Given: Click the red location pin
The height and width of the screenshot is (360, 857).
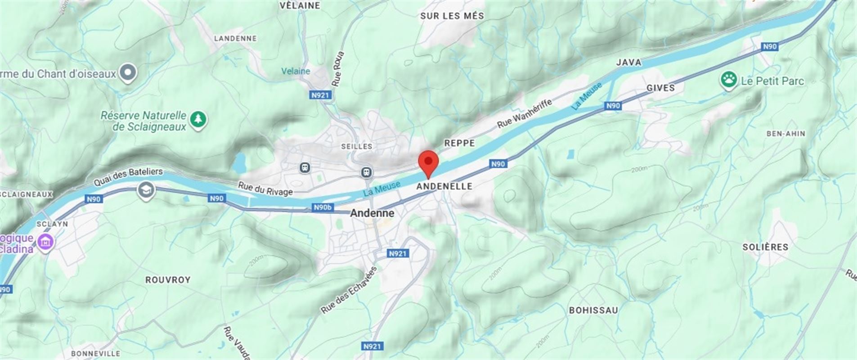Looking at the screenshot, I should pyautogui.click(x=428, y=162).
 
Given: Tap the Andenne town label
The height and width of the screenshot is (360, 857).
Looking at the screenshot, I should pyautogui.click(x=372, y=213).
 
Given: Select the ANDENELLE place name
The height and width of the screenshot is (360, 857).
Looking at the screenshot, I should pyautogui.click(x=444, y=186).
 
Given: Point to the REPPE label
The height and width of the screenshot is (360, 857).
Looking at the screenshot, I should pyautogui.click(x=459, y=143).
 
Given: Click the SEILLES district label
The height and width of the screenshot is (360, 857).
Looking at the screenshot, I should pyautogui.click(x=357, y=146).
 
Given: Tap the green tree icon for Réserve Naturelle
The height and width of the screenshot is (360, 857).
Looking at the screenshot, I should pyautogui.click(x=198, y=120).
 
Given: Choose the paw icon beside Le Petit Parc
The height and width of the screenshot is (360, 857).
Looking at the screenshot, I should pyautogui.click(x=728, y=81).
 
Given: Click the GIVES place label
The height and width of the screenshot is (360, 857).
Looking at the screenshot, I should pyautogui.click(x=660, y=88).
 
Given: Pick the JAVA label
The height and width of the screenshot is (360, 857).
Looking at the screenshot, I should pyautogui.click(x=628, y=63).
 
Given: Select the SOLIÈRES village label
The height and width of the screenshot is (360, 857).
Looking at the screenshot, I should pyautogui.click(x=765, y=247).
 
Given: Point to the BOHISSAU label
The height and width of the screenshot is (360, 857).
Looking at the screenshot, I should pyautogui.click(x=593, y=310).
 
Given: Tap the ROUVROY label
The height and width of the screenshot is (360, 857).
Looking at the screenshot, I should pyautogui.click(x=168, y=280).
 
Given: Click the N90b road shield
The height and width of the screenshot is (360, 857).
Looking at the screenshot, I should pyautogui.click(x=323, y=207).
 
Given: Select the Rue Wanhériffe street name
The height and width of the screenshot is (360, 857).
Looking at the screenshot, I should pyautogui.click(x=524, y=113).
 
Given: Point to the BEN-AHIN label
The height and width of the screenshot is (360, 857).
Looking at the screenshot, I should pyautogui.click(x=785, y=134).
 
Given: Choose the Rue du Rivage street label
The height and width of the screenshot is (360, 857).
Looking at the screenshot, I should pyautogui.click(x=265, y=189).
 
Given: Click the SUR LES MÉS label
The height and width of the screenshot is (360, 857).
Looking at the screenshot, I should pyautogui.click(x=452, y=16).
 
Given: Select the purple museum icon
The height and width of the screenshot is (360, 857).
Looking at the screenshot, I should pyautogui.click(x=45, y=243).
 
